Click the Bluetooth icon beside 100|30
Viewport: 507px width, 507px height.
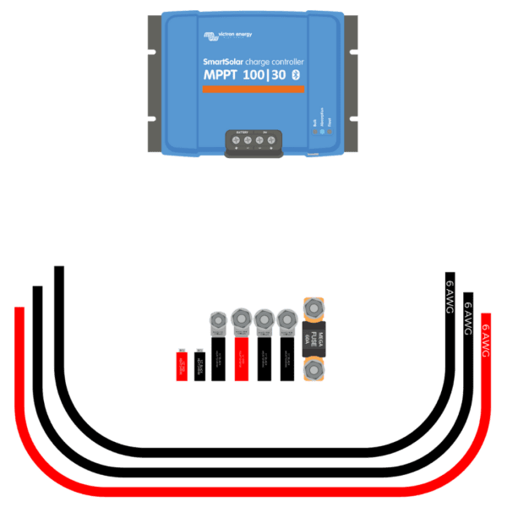click(x=296, y=76)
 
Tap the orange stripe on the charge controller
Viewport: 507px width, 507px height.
click(x=251, y=90)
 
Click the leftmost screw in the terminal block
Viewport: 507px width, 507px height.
click(x=236, y=140)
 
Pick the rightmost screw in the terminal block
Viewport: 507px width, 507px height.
click(x=271, y=140)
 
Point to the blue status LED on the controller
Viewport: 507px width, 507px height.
click(x=322, y=122)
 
